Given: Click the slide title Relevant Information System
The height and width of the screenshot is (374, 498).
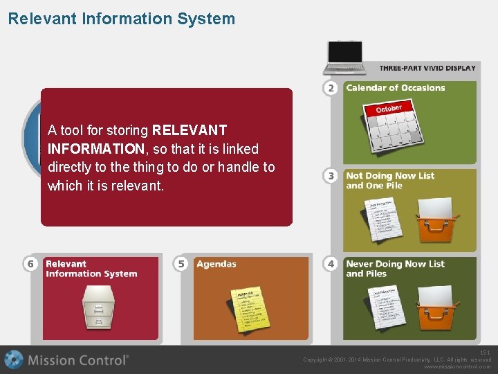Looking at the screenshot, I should coord(121,19).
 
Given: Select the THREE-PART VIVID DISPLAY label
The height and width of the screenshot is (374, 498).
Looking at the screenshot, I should coord(427,68).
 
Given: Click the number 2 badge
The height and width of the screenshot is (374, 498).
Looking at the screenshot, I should coord(331,88).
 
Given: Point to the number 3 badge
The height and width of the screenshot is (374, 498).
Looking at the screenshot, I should coord(331,176).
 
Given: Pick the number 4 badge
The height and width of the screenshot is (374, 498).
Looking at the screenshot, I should coord(331,264).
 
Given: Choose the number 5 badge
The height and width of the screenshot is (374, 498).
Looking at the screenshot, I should coord(181,264).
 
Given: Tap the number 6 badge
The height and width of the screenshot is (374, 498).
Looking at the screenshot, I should coord(30,264).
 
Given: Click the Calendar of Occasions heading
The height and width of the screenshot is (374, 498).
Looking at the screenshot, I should coord(396,88).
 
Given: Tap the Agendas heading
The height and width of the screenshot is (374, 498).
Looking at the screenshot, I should coord(216,264).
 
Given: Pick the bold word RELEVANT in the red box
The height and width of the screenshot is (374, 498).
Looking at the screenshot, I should coord(189,130).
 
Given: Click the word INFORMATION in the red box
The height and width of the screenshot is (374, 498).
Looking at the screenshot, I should coord(95,149).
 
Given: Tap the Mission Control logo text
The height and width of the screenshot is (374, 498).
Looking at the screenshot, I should coord(77,360).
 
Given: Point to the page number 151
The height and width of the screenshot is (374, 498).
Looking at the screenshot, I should coord(485,353).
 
